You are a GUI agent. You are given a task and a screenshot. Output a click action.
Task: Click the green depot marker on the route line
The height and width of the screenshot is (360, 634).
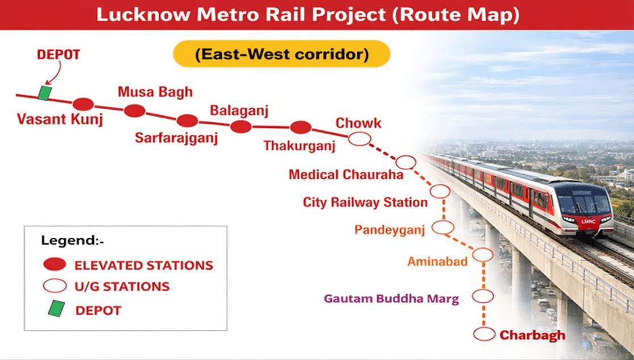click(x=44, y=93)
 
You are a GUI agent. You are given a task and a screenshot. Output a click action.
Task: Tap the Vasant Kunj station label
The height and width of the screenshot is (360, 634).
click(x=60, y=119)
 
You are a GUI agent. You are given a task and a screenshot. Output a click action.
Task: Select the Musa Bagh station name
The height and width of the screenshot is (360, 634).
click(x=155, y=92)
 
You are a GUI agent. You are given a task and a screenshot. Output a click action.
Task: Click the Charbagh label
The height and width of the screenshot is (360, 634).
click(x=533, y=336)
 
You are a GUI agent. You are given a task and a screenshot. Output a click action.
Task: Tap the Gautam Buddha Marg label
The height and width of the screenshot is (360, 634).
click(x=391, y=299)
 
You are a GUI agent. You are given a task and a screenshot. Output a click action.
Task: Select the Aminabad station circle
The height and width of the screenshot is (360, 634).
click(x=483, y=255)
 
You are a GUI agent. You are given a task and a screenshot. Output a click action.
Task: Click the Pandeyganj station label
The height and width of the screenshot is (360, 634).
click(x=389, y=230)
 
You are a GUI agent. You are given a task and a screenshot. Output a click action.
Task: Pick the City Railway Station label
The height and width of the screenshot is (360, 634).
click(x=365, y=202)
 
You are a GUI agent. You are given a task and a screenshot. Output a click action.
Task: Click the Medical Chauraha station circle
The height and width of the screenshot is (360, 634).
click(x=405, y=162)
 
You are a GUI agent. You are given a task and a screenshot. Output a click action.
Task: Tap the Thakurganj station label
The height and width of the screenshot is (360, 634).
click(x=300, y=146)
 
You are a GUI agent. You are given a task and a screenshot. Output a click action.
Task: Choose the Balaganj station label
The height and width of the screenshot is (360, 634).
click(x=239, y=110)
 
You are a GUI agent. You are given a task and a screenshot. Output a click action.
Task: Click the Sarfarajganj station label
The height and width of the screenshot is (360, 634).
click(x=176, y=138)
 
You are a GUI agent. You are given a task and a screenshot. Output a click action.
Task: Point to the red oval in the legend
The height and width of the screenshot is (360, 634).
click(x=55, y=264)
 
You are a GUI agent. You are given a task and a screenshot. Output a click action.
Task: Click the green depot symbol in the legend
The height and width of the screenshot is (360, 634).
click(x=56, y=309)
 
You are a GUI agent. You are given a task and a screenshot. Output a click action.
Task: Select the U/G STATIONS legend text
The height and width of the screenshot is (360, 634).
click(x=122, y=287)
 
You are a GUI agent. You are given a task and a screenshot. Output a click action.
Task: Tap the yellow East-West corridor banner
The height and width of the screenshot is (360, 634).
click(x=281, y=53)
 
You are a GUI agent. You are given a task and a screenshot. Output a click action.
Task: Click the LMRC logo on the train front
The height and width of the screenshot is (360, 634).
click(x=589, y=221)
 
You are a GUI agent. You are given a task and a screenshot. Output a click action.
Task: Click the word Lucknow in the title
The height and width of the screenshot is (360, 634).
click(x=143, y=15)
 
